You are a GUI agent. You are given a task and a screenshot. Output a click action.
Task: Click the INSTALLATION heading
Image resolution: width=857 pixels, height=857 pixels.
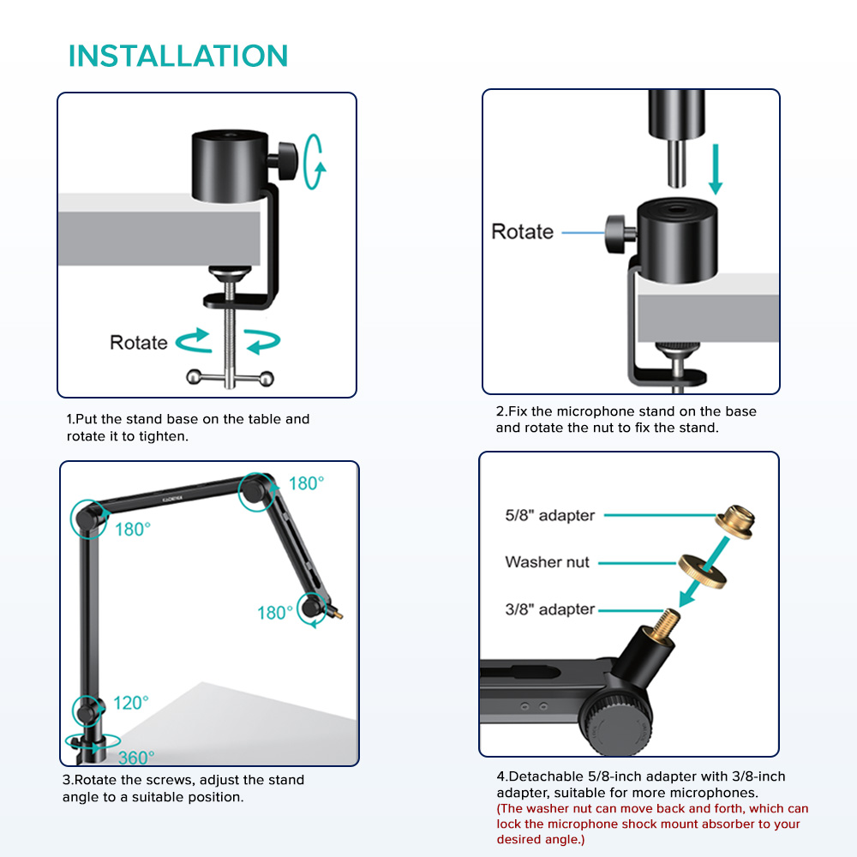coord(177,56)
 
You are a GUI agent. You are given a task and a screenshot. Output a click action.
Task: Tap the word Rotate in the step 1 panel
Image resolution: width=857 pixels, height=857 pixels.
coord(138,343)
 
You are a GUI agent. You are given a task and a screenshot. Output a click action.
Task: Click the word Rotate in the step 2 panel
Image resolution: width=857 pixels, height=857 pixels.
coord(522,231)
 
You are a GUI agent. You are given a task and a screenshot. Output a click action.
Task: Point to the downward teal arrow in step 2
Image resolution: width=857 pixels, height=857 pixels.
coord(716,169)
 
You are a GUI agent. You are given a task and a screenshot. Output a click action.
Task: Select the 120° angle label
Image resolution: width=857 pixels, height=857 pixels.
coord(130,703)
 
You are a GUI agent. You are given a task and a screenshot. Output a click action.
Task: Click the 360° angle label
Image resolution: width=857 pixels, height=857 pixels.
coord(136,758)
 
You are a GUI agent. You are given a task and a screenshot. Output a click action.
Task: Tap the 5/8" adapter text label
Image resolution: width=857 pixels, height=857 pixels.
coord(550,515)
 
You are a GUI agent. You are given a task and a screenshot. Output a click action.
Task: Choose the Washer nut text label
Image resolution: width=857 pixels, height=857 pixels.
coord(547,562)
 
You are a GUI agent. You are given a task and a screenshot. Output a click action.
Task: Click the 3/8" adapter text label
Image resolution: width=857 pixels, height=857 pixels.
coord(550,608)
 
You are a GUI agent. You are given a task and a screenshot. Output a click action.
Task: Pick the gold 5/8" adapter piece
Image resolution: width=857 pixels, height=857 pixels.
coord(735,521)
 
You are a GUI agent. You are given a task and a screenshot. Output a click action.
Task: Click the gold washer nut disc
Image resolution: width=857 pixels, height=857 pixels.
coord(703,572)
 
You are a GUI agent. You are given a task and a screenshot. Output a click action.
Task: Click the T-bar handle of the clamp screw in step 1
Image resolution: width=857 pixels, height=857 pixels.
coord(230,378)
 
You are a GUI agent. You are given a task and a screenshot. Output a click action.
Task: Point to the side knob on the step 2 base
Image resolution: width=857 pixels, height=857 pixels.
coord(620,234)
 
